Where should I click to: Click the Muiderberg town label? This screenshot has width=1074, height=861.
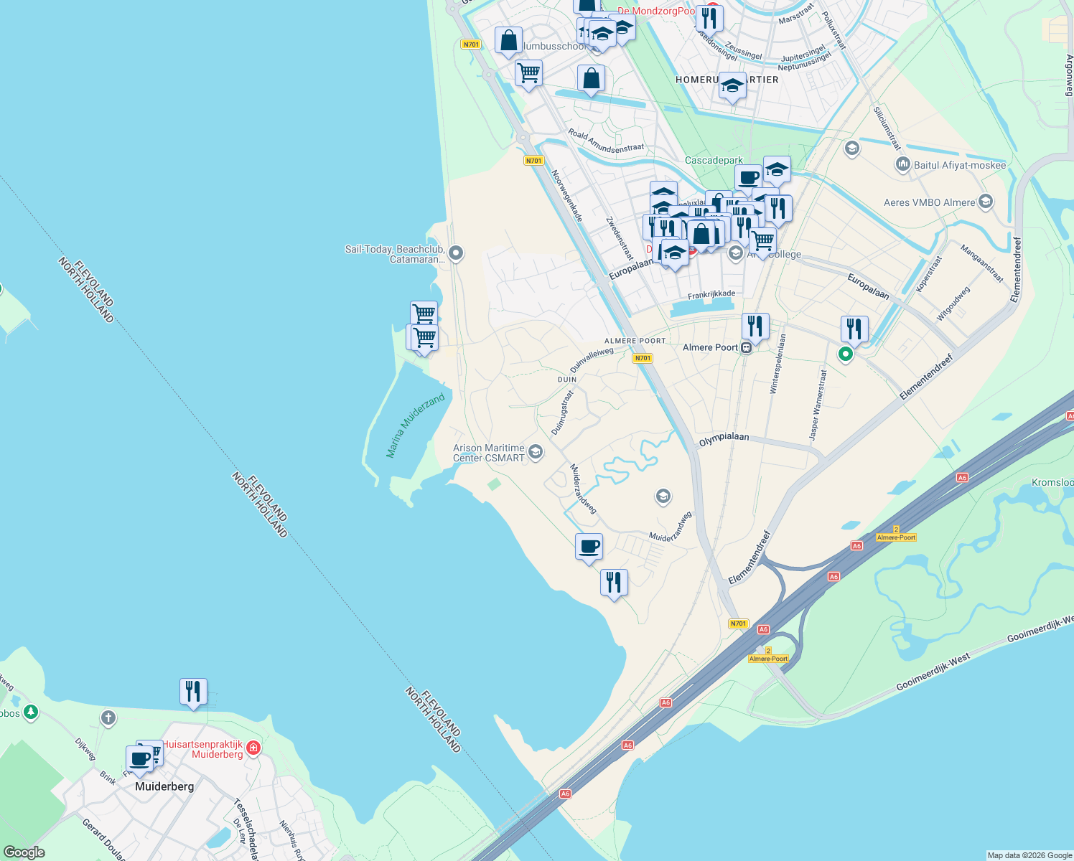click(x=164, y=786)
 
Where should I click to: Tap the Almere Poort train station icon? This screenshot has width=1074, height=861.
click(x=747, y=348)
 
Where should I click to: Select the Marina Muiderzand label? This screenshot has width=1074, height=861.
click(x=415, y=425)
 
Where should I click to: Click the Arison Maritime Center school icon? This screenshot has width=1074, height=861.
click(x=535, y=452)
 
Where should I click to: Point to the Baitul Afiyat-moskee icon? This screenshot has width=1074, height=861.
click(x=902, y=165)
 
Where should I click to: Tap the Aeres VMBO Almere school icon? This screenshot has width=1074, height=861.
click(x=986, y=202)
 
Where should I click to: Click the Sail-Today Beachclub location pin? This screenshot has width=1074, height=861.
click(x=455, y=253)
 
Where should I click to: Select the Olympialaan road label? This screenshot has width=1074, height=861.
click(x=724, y=439)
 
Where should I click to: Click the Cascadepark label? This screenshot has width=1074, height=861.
click(x=714, y=161)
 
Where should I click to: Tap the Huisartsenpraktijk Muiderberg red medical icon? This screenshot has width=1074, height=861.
click(x=253, y=749)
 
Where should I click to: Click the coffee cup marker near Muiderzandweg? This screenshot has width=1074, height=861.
click(x=589, y=547)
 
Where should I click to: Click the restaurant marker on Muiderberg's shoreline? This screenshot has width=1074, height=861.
click(x=193, y=692)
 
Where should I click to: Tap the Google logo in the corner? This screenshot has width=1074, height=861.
click(x=24, y=852)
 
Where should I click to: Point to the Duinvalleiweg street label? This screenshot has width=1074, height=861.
click(x=592, y=359)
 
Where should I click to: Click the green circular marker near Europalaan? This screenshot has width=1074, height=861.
click(x=846, y=354)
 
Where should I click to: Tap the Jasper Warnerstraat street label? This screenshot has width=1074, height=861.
click(x=818, y=405)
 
